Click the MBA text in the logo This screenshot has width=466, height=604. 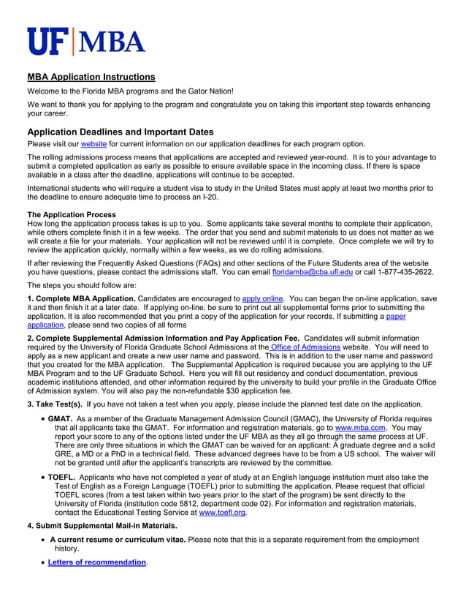point(111,42)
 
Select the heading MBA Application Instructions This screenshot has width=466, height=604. point(91,77)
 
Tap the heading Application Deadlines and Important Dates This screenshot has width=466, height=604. point(121,132)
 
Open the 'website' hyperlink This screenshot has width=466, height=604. point(93,144)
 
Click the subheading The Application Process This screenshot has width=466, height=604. point(72,214)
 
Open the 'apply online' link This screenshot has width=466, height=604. point(262,298)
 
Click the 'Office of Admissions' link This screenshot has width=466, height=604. point(305,347)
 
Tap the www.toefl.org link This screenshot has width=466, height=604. point(223,513)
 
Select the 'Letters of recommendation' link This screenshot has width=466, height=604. point(97,562)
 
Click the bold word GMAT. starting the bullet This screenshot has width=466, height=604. point(60,418)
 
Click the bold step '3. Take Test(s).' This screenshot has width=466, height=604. point(55,404)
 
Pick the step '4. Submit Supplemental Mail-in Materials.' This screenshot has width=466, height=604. point(102,526)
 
